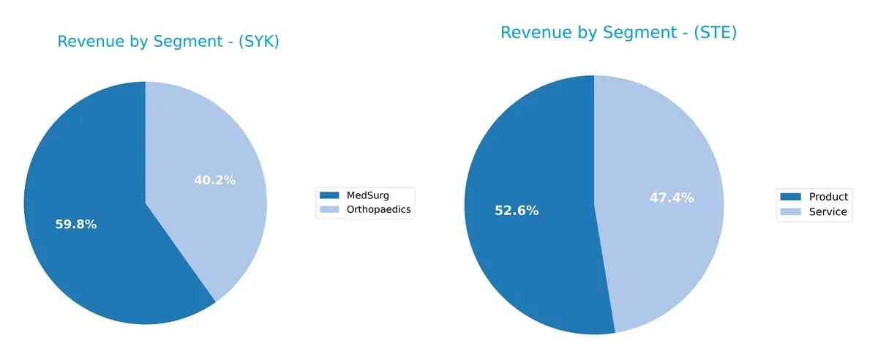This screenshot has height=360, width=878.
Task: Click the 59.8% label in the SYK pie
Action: click(x=75, y=225)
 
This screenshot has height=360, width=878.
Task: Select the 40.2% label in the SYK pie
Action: click(x=214, y=180)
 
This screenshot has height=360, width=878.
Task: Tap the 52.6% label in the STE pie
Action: click(x=517, y=211)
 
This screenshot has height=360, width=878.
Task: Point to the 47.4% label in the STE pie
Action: click(x=671, y=198)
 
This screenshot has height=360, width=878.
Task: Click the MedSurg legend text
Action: click(x=368, y=195)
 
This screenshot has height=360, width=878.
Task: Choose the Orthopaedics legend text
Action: click(x=378, y=210)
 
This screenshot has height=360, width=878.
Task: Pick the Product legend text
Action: click(x=829, y=197)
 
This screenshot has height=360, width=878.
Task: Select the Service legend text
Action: click(x=828, y=212)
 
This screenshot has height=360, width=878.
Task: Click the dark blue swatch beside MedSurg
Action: click(x=330, y=195)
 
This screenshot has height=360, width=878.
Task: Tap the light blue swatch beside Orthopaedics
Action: click(x=330, y=210)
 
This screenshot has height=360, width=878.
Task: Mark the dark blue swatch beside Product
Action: click(x=790, y=197)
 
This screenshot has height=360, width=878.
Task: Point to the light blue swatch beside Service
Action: click(x=790, y=212)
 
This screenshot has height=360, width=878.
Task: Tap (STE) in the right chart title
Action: click(x=711, y=33)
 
